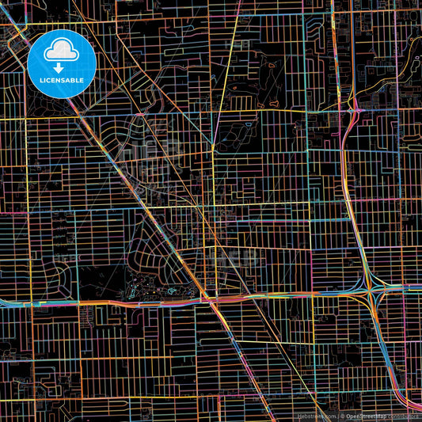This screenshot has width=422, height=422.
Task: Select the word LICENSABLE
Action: [x=62, y=81]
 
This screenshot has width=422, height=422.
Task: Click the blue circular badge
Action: [x=62, y=63]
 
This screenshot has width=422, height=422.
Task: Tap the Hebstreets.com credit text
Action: [x=315, y=416]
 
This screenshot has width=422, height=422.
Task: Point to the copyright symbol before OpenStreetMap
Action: [x=342, y=416]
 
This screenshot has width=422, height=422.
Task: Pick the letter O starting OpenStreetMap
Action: [x=348, y=416]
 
